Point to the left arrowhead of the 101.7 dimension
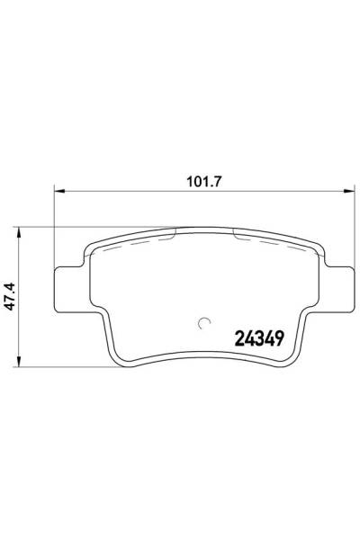(x=59, y=190)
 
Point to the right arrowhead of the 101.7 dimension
(x=347, y=190)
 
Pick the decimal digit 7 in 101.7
(x=218, y=179)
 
